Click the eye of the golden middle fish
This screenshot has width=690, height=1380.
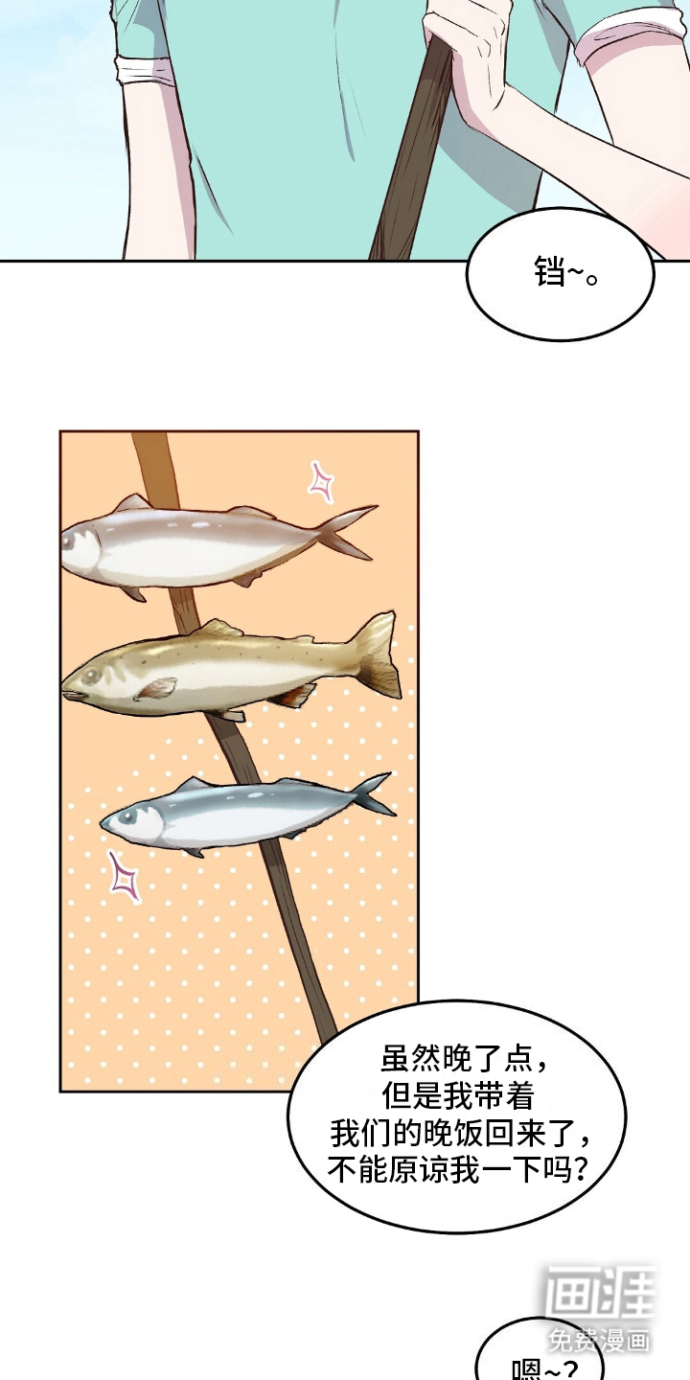(x=92, y=676)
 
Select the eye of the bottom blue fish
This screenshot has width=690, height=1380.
(x=127, y=816)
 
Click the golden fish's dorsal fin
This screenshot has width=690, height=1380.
(x=218, y=631)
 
